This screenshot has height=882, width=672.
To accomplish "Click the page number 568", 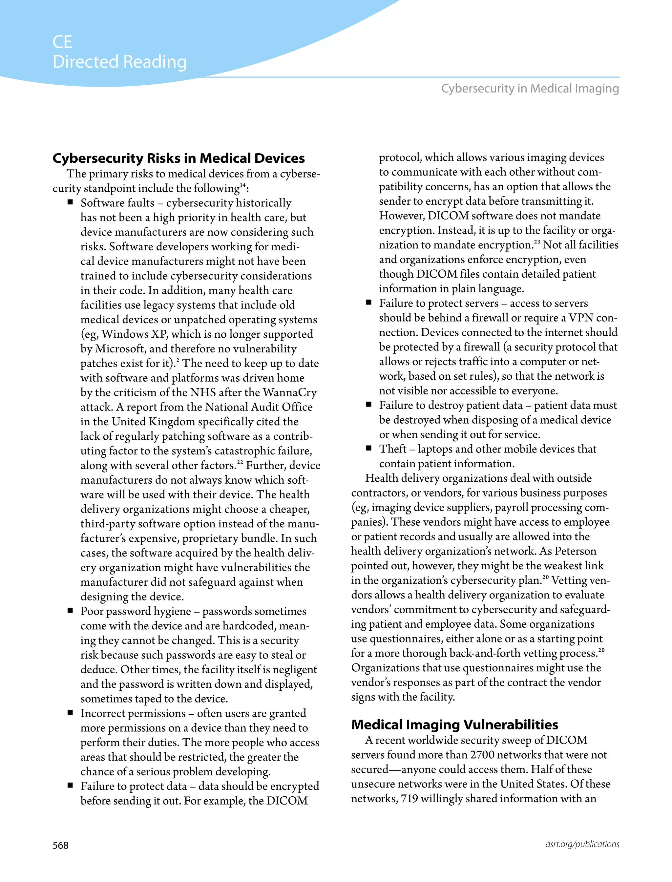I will (60, 845).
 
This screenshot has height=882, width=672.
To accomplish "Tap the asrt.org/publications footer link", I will (582, 844).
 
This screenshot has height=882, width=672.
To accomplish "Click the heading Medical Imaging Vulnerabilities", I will (454, 724).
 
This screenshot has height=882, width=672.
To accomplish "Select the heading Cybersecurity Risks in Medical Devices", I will (178, 158).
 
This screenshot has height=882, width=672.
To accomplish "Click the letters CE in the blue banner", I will (62, 42).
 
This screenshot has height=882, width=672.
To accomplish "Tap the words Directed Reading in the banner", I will (119, 62).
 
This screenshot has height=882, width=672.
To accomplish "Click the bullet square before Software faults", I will (71, 202).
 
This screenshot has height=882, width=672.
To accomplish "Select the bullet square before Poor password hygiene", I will (71, 610).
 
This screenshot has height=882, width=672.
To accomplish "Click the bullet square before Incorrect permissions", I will (71, 712).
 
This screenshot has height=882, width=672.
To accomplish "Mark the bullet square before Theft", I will (369, 448).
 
